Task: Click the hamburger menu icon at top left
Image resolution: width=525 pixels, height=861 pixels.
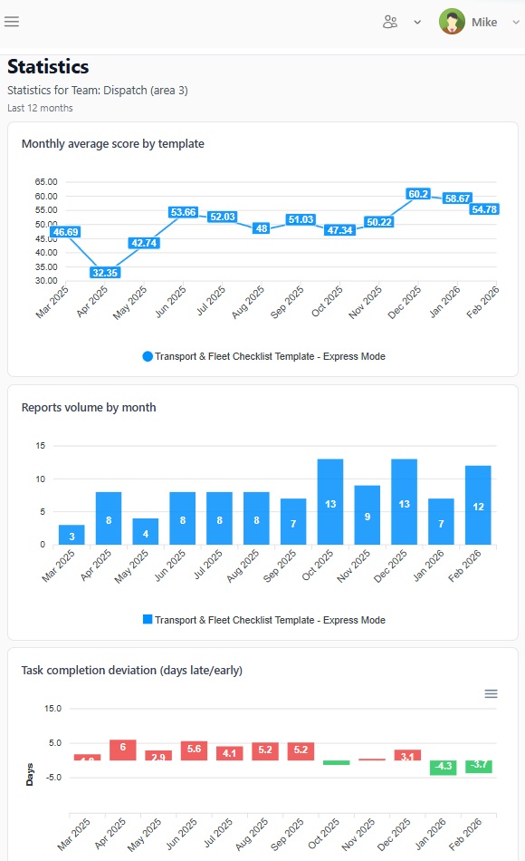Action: point(12,22)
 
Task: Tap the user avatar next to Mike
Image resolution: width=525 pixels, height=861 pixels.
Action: point(452,22)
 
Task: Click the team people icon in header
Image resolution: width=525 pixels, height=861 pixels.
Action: point(390,23)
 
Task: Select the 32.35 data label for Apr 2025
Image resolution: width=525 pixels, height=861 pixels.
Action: point(105,273)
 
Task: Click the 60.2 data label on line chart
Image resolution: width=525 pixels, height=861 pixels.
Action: point(417,194)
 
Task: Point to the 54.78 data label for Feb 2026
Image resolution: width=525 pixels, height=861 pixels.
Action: point(484,209)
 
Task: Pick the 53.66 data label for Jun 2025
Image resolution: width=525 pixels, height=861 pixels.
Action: point(183,212)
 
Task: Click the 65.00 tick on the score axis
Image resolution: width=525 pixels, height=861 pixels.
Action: point(46,182)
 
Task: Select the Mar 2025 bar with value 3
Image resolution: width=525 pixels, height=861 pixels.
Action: point(72,535)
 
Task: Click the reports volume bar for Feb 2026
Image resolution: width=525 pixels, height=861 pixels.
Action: point(478,505)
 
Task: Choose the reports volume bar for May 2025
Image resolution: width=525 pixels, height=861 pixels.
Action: point(146,531)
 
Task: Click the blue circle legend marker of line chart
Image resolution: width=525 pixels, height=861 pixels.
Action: point(148,356)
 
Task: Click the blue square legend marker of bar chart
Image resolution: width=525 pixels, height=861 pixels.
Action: point(148,620)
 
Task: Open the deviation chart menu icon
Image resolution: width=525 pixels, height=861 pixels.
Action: point(491,693)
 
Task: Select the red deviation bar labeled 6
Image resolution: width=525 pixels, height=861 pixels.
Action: point(122,750)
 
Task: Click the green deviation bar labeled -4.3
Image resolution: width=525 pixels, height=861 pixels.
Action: point(443,767)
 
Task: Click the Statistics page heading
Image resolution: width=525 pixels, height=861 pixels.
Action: point(48,67)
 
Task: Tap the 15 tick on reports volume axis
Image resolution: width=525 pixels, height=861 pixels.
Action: point(41,446)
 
